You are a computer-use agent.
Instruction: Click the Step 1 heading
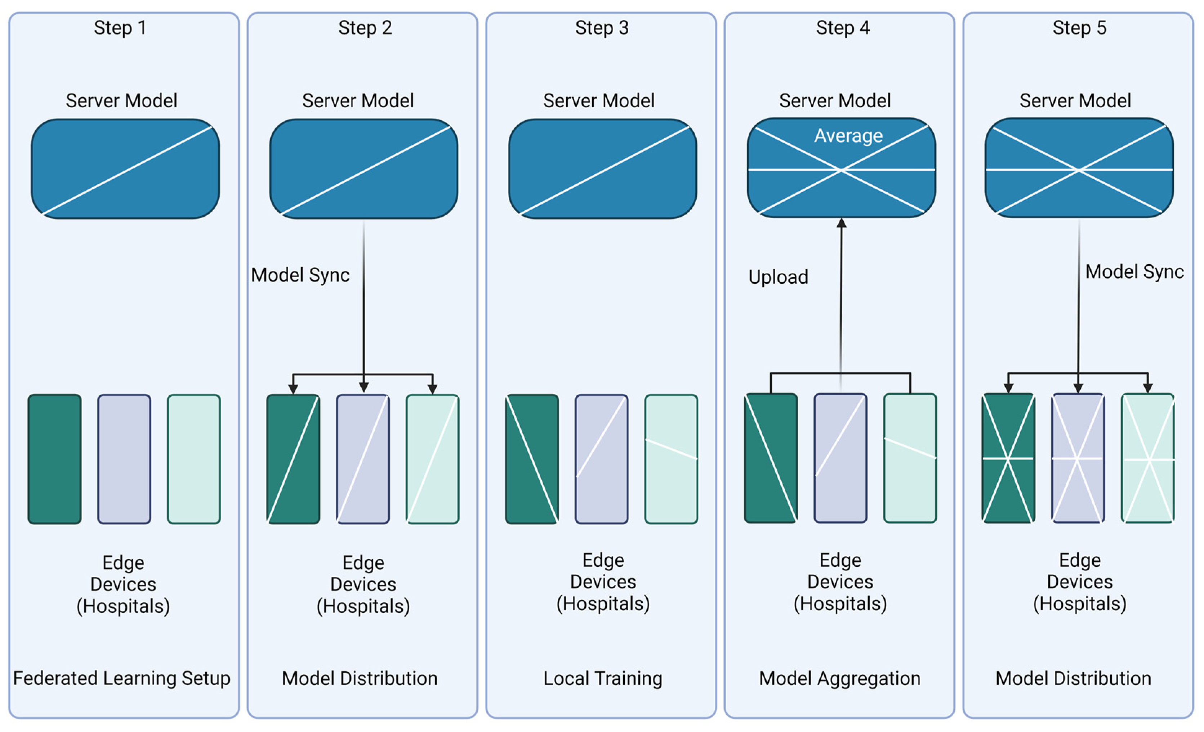120,28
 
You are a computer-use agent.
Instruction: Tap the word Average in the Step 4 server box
848,136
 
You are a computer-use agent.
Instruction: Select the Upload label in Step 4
779,277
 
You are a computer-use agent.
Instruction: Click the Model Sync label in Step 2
300,275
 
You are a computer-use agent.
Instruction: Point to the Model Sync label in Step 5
1134,271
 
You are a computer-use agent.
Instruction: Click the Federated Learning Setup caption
122,678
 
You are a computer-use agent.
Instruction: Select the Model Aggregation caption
839,678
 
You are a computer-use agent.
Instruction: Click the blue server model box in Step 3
602,169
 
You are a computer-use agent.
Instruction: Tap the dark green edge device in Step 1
55,459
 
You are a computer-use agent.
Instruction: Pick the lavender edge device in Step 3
602,459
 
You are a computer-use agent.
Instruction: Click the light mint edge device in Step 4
910,458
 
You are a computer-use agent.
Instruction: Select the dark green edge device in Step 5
1008,458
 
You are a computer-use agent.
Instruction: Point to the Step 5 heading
1079,28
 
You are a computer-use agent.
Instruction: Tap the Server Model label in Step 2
358,100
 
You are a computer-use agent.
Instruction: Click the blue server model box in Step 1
125,169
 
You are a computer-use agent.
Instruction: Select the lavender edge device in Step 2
362,459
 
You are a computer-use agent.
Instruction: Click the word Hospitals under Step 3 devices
603,603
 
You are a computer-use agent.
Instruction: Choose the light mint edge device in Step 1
194,459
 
